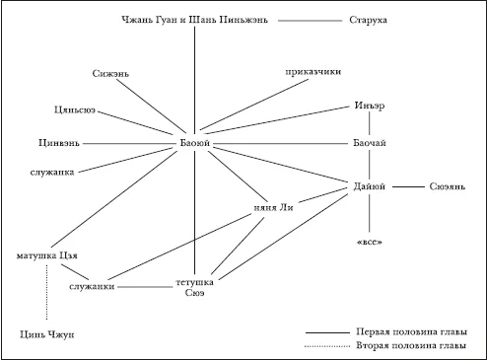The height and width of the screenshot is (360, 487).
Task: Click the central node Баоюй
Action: (195, 143)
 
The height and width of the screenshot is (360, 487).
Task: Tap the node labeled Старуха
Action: (368, 20)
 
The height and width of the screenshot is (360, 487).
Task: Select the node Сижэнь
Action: (110, 74)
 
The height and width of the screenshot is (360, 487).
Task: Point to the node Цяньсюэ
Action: (75, 109)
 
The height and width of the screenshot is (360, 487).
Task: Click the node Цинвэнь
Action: (59, 143)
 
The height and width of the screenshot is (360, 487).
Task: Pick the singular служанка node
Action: (52, 173)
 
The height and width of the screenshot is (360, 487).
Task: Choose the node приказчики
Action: (313, 72)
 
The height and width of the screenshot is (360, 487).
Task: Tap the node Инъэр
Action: (370, 106)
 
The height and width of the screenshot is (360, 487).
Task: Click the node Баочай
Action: (370, 143)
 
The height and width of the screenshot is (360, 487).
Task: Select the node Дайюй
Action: (370, 186)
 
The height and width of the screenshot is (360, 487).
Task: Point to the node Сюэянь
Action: (448, 186)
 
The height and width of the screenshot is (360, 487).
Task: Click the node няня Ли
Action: (273, 208)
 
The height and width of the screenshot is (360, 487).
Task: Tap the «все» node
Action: (370, 243)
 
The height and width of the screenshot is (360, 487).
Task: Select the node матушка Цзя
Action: (46, 255)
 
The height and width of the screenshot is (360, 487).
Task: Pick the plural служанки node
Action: (92, 287)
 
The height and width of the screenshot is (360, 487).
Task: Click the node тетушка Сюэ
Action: (194, 287)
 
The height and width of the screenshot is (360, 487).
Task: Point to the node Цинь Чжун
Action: (46, 335)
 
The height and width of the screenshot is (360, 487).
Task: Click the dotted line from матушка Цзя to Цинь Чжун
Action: (46, 292)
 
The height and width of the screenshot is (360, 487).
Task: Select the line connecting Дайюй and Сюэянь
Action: (408, 186)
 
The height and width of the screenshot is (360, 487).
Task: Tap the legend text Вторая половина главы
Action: (411, 346)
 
